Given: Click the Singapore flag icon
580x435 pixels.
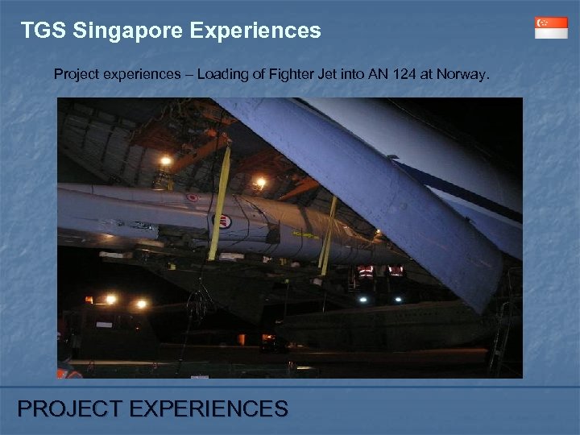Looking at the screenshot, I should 551,27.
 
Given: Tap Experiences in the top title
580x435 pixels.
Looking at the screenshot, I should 255,31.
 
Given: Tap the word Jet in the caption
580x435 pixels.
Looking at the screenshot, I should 318,74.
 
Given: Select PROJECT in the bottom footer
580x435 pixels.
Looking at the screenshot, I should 68,409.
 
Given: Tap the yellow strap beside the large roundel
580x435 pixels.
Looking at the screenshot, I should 220,201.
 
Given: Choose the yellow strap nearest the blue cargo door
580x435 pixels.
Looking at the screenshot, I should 326,234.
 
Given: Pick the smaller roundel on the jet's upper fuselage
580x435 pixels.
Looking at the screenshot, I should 192,197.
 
